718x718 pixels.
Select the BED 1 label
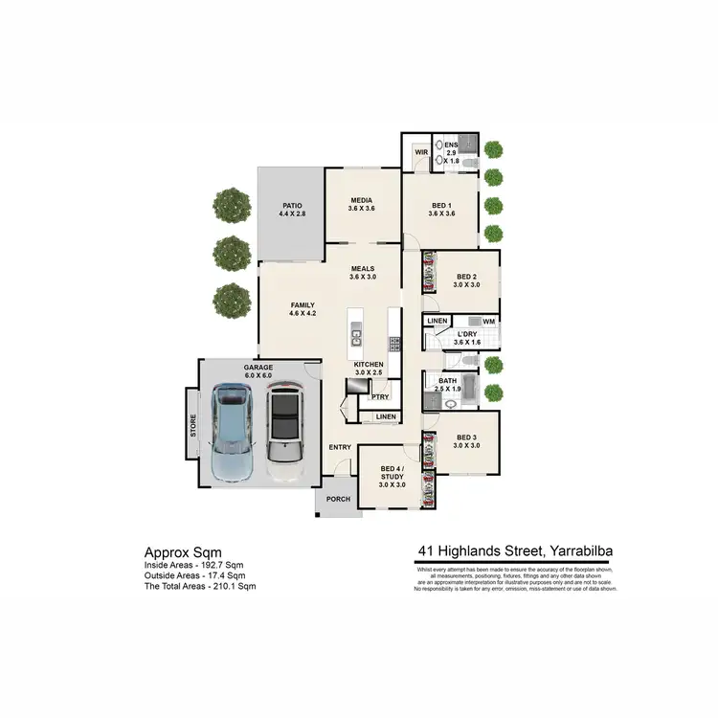441,210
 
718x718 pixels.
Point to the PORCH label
338,499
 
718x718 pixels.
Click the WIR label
419,151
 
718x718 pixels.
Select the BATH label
448,385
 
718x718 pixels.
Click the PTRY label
380,395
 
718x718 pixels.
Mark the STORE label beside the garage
192,425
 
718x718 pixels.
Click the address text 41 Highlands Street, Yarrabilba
516,551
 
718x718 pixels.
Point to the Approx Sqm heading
183,552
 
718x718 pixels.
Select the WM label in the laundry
487,321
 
